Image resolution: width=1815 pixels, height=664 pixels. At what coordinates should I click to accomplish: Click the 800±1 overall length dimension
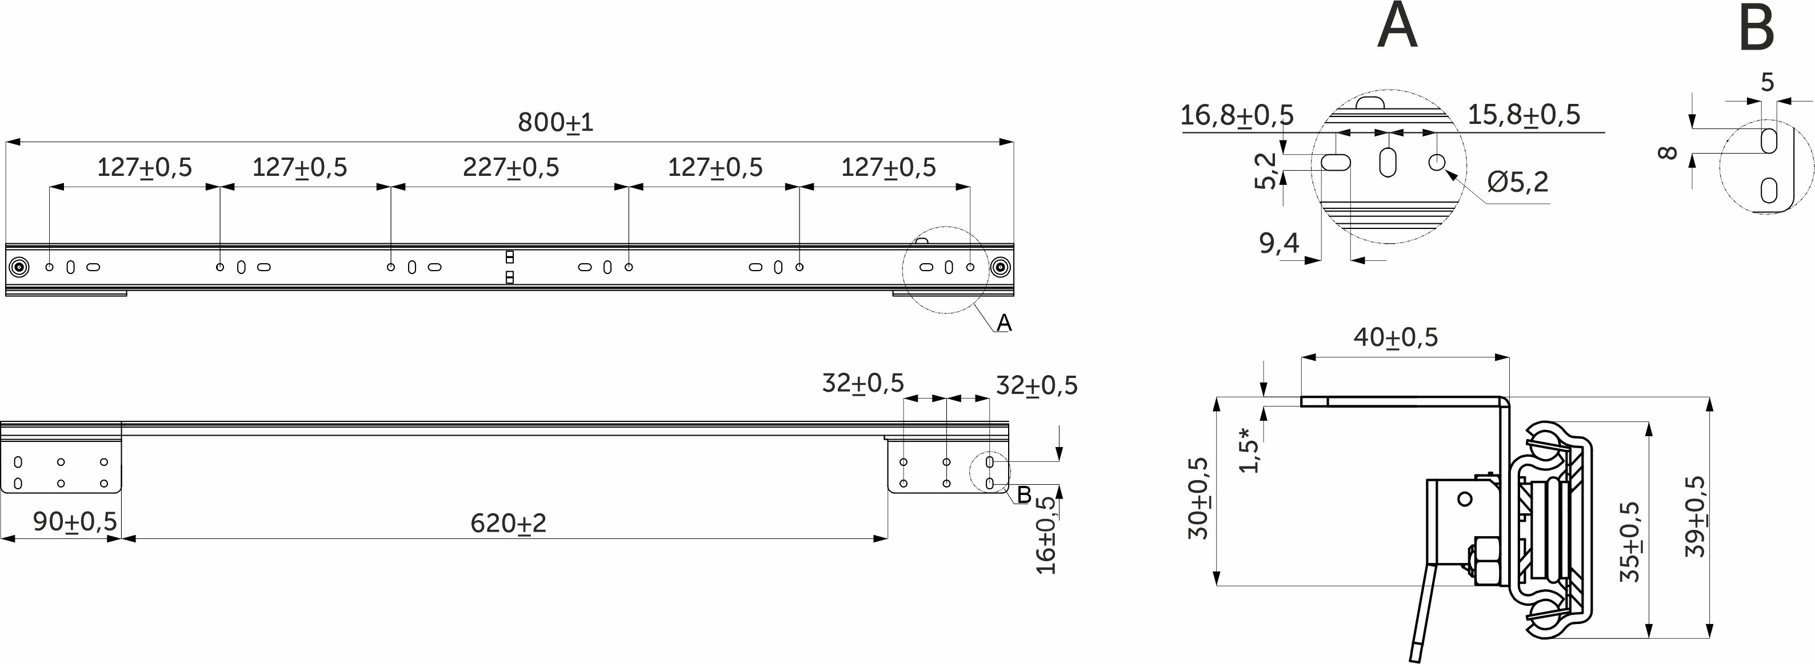click(556, 123)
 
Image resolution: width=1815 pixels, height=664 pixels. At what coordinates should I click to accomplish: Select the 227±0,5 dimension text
click(511, 168)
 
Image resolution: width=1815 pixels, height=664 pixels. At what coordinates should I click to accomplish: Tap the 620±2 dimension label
click(508, 523)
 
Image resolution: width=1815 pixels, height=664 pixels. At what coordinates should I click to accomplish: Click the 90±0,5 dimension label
click(75, 521)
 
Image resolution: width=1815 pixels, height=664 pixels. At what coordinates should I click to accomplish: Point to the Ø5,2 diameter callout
click(1518, 182)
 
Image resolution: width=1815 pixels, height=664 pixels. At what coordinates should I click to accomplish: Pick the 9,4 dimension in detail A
click(1279, 243)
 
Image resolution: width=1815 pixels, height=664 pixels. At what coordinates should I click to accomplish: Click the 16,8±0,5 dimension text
click(1237, 115)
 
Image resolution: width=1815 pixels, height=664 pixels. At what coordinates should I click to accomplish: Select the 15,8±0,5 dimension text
click(1524, 114)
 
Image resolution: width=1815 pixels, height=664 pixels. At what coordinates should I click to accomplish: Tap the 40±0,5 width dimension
click(1395, 337)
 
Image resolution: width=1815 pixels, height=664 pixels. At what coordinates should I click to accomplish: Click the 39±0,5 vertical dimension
click(1694, 516)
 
